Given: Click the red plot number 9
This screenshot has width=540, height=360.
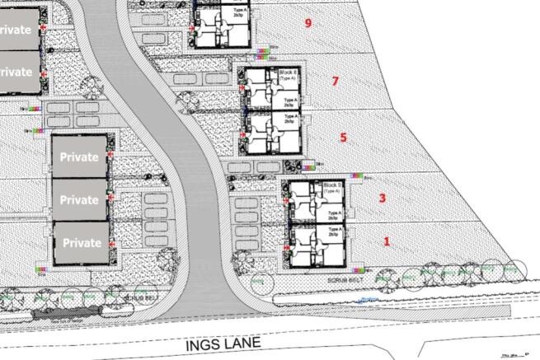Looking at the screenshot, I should pyautogui.click(x=308, y=23).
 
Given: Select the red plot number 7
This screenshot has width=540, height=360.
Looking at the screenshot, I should pyautogui.click(x=335, y=81).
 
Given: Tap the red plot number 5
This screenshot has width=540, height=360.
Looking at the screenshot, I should pyautogui.click(x=344, y=138).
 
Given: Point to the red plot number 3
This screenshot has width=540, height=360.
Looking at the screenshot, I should pyautogui.click(x=382, y=198).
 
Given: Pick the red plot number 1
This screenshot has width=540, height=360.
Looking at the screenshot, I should pyautogui.click(x=387, y=241).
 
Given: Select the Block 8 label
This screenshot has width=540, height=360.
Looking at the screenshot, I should pyautogui.click(x=289, y=74).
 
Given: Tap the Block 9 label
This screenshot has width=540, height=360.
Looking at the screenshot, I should pyautogui.click(x=333, y=186).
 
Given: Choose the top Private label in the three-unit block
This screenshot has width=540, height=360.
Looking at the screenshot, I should pyautogui.click(x=79, y=157).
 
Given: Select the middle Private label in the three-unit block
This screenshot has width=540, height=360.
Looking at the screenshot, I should pyautogui.click(x=79, y=199).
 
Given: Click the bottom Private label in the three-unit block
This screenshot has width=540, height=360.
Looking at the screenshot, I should pyautogui.click(x=79, y=243).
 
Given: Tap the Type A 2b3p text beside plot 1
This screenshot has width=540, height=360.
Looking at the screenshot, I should pyautogui.click(x=334, y=232).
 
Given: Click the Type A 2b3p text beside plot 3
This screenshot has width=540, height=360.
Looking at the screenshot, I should pyautogui.click(x=334, y=214).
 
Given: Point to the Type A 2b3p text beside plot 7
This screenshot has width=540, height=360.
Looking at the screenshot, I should pyautogui.click(x=290, y=102).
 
